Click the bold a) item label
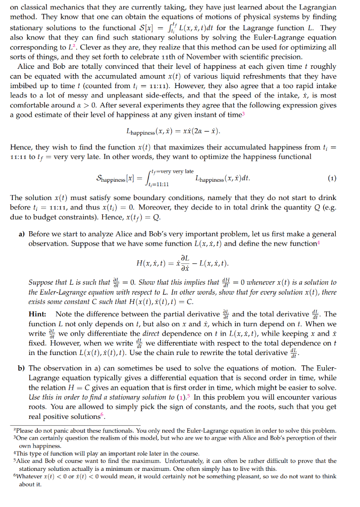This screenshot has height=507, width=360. click(22, 234)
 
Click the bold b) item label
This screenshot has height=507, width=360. click(22, 368)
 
